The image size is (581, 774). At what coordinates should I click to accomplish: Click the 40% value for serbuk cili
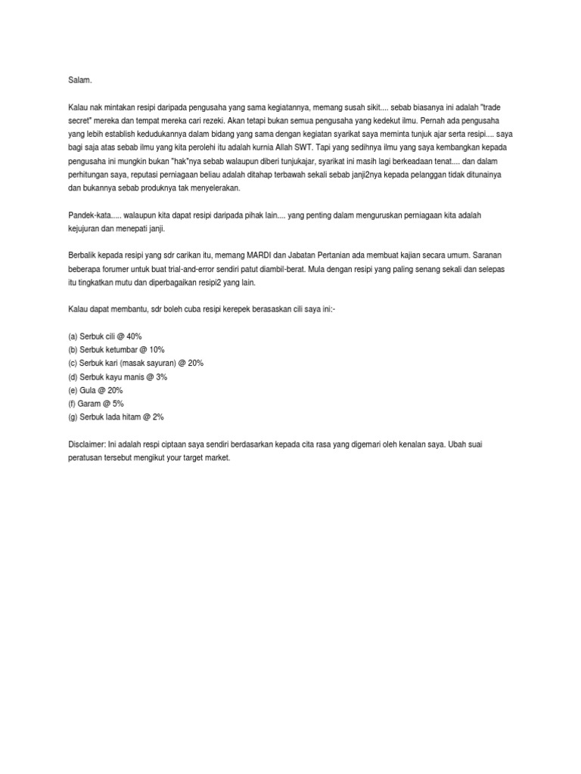click(x=132, y=336)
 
